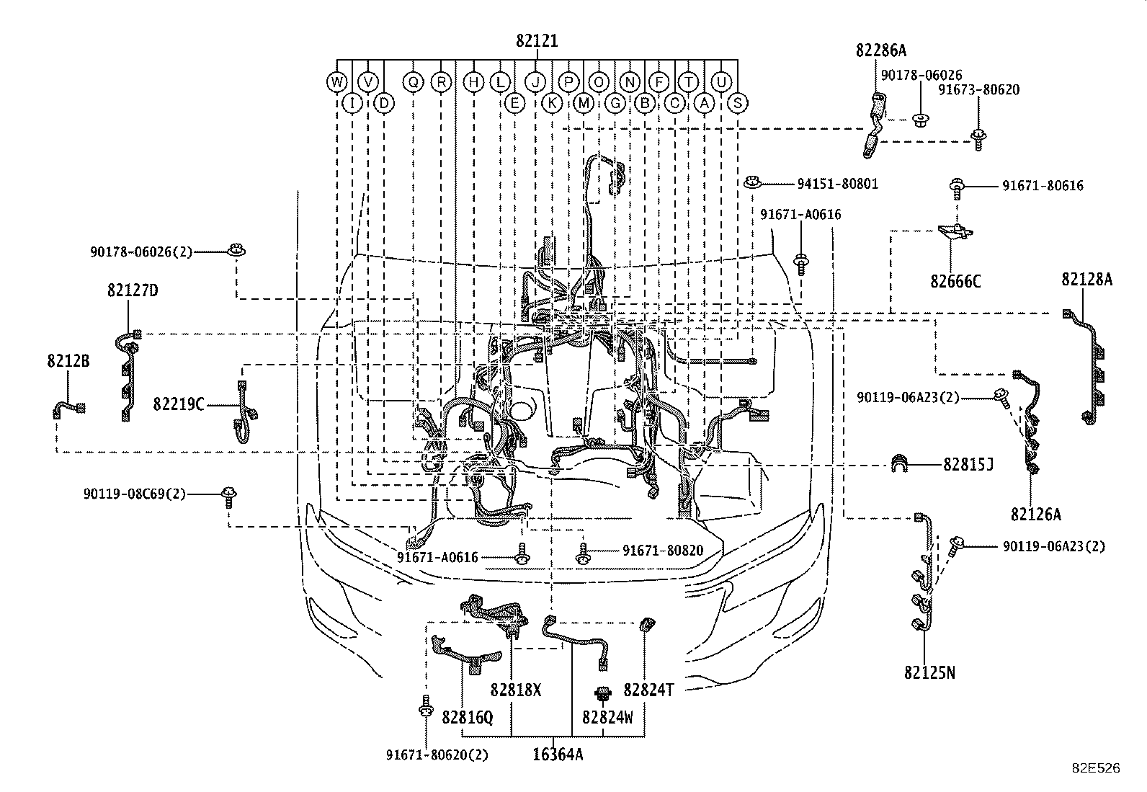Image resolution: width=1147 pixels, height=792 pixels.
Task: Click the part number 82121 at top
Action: click(537, 41)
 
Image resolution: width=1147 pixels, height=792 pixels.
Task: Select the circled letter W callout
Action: click(336, 81)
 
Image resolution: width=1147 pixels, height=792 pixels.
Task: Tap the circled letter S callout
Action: click(738, 103)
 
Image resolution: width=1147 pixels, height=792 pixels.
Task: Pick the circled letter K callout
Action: click(551, 103)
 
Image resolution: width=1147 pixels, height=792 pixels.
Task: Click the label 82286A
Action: click(880, 50)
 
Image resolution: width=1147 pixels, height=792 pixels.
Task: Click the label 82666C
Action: click(955, 282)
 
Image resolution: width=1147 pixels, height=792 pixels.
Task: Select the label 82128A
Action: click(1086, 279)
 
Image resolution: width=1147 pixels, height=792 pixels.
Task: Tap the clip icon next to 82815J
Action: click(901, 464)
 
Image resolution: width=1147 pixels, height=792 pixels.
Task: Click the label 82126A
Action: click(1035, 514)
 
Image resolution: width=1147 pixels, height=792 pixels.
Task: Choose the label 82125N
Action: click(929, 672)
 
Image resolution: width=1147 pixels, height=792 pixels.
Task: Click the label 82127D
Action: click(133, 290)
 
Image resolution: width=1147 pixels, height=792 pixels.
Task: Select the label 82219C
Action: click(178, 404)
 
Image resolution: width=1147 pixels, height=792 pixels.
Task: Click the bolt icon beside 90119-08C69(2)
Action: click(229, 495)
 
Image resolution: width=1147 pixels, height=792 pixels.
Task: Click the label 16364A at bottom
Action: click(558, 755)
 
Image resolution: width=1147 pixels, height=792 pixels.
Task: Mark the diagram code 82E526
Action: click(1096, 768)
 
